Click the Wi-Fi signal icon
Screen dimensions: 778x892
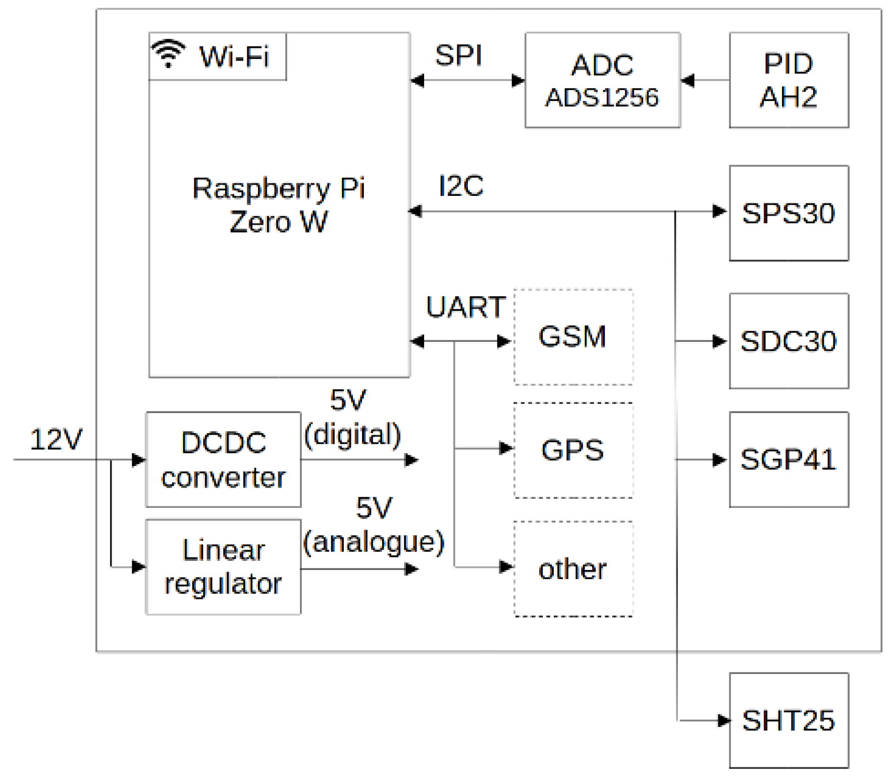pyautogui.click(x=168, y=54)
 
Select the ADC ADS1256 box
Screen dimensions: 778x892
pyautogui.click(x=602, y=80)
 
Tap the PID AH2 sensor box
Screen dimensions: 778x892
pyautogui.click(x=788, y=80)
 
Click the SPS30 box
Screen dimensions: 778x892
pyautogui.click(x=788, y=213)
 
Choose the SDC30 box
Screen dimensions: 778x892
pyautogui.click(x=788, y=341)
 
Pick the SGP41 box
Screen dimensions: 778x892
pyautogui.click(x=788, y=459)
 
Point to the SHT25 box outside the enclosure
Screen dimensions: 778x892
pyautogui.click(x=788, y=720)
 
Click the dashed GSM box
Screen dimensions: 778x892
pyautogui.click(x=572, y=337)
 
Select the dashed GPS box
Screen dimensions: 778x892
pyautogui.click(x=572, y=450)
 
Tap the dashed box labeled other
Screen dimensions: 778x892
pyautogui.click(x=572, y=569)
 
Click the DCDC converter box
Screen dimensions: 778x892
pyautogui.click(x=223, y=459)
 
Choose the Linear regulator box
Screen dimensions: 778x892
pyautogui.click(x=223, y=566)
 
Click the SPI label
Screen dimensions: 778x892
pyautogui.click(x=458, y=55)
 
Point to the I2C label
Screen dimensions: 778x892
pyautogui.click(x=461, y=186)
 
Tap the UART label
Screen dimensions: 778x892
pyautogui.click(x=465, y=306)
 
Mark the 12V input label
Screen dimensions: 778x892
pyautogui.click(x=56, y=439)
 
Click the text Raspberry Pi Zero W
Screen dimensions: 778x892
pyautogui.click(x=278, y=204)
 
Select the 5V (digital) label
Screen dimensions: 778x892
pyautogui.click(x=352, y=418)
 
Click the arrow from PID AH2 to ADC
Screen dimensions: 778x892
pyautogui.click(x=705, y=80)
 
